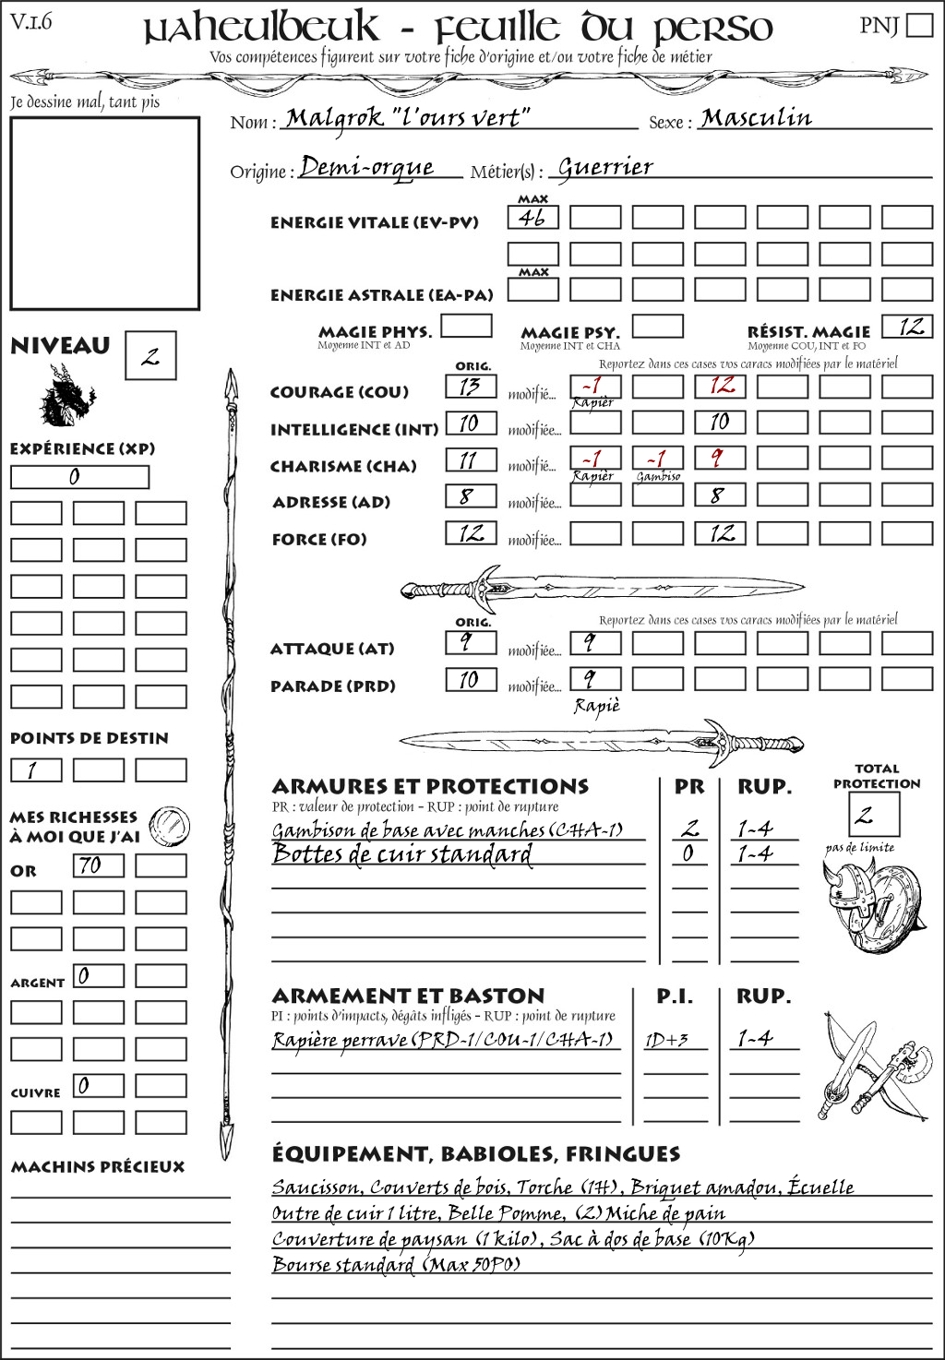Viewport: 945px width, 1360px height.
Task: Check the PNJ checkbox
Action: pos(920,25)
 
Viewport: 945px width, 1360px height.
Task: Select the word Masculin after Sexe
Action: pos(756,118)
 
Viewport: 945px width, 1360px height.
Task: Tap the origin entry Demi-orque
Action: pos(366,167)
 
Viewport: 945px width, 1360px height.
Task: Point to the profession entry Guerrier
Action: pos(605,167)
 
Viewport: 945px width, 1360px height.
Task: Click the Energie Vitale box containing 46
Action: pos(532,218)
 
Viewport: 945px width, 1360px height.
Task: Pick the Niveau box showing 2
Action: pos(150,356)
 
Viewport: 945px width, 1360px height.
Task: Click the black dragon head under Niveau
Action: pos(66,396)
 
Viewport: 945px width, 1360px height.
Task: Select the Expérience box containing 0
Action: pos(79,477)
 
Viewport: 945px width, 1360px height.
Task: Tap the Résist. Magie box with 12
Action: pos(907,327)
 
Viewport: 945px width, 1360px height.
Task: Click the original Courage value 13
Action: pos(471,387)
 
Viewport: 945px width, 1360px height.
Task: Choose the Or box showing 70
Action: pos(99,865)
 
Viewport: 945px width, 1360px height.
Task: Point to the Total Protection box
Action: pos(873,814)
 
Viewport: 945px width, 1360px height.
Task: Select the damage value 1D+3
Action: pos(666,1041)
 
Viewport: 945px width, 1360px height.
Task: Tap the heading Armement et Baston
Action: pos(408,996)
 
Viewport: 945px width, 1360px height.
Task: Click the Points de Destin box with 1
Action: pos(36,770)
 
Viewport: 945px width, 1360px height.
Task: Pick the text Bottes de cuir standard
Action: pos(402,854)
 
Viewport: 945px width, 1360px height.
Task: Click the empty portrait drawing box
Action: pos(104,213)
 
